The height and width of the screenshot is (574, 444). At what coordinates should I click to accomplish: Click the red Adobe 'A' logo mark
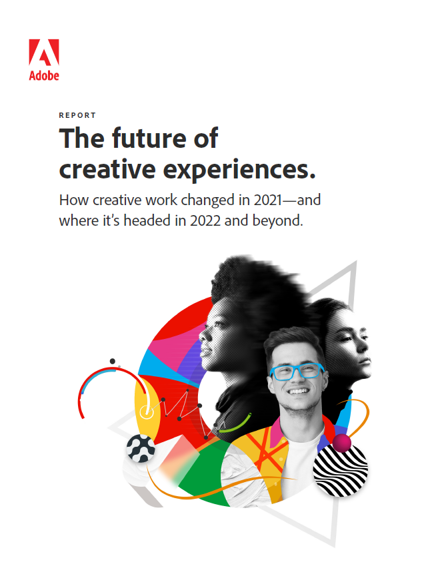click(x=44, y=53)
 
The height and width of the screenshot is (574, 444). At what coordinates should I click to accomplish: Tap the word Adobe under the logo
click(x=44, y=75)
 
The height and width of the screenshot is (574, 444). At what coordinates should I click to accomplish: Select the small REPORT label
click(x=77, y=115)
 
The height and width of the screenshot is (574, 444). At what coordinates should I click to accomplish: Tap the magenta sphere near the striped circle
click(x=342, y=443)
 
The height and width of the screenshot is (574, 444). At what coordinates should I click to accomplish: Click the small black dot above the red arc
click(x=113, y=361)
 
